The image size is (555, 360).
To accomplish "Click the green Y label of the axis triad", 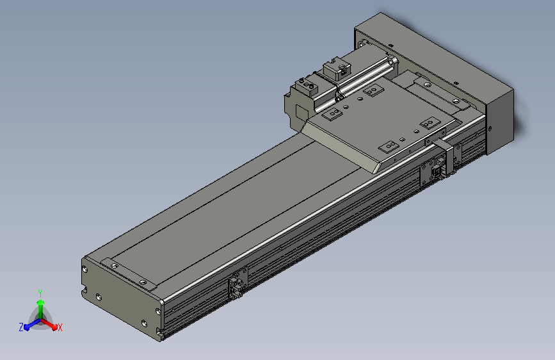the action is point(40,293).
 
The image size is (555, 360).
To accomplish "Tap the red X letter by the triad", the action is point(60,327).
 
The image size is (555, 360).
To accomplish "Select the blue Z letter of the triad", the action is point(21,327).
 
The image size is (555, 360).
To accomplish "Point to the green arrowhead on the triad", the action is point(41,302).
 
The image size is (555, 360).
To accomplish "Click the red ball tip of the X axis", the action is point(54,327).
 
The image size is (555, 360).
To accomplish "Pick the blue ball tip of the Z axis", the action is point(27,327).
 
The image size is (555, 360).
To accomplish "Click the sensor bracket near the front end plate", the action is point(237,283).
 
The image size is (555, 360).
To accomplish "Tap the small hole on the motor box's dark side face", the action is point(490,129).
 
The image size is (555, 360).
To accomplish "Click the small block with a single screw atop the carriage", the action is point(337,69).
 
